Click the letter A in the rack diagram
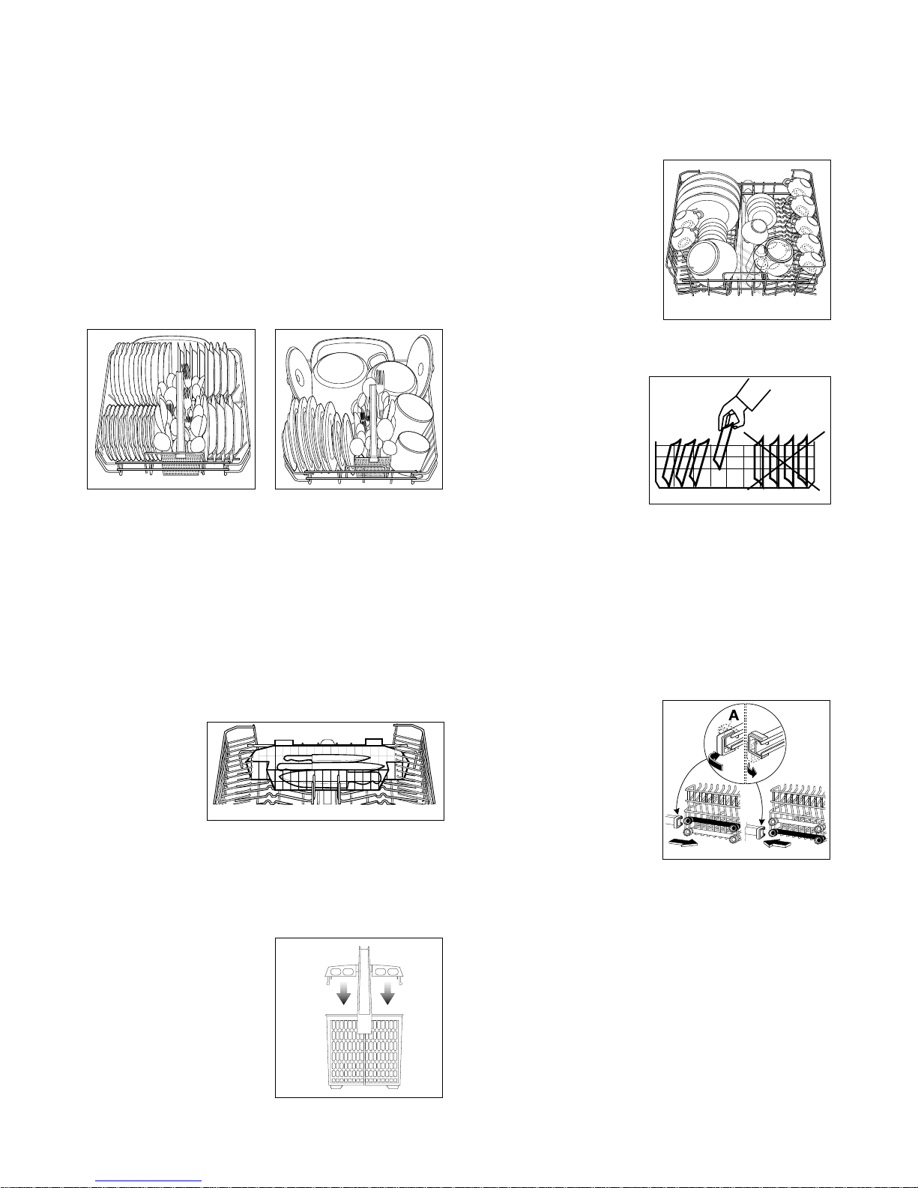pyautogui.click(x=734, y=715)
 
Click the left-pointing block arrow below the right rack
pyautogui.click(x=776, y=844)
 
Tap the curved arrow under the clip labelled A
pyautogui.click(x=715, y=758)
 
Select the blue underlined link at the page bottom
pyautogui.click(x=148, y=1180)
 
